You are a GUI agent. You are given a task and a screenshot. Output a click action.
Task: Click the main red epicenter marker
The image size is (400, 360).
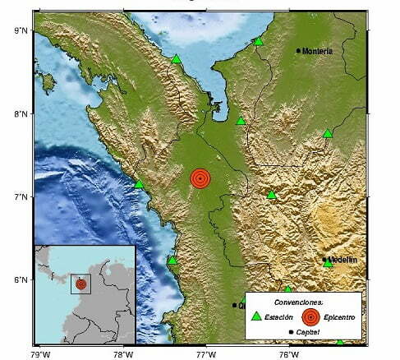point(200,178)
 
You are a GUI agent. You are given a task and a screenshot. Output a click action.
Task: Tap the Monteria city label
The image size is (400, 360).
point(318,51)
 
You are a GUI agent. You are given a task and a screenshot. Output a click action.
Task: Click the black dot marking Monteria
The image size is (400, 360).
point(298,50)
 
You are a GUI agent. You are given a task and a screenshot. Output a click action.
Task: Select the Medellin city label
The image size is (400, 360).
point(343,260)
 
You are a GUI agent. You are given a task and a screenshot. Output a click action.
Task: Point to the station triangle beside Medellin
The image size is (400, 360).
point(328,263)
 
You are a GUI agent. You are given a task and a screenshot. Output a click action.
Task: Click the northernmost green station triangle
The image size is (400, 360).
point(258,41)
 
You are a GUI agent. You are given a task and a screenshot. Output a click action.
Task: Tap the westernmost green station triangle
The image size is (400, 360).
point(139,183)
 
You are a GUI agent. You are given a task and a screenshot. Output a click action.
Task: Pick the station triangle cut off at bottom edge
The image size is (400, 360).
point(339,340)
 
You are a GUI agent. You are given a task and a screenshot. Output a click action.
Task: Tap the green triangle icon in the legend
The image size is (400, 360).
point(256,316)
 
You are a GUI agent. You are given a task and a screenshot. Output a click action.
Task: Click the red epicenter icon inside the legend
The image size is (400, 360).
point(310,316)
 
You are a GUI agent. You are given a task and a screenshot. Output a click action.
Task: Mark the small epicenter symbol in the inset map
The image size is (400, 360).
point(80,284)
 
